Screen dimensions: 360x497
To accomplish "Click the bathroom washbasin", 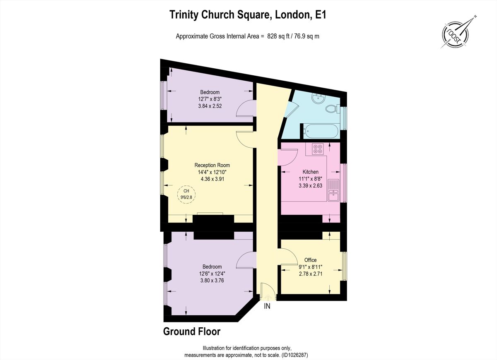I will (319, 98).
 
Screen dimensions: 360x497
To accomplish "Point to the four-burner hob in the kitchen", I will (318, 149).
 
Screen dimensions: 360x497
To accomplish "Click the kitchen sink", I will (333, 190).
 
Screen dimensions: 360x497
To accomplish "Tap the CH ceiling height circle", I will (186, 194).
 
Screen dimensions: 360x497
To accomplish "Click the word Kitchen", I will (310, 172).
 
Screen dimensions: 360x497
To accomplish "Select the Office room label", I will (310, 260).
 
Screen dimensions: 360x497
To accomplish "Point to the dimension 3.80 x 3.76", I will (212, 280).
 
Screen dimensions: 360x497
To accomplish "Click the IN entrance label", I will (268, 307).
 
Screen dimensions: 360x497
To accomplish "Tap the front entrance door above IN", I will (268, 292).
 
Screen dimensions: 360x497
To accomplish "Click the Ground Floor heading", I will (192, 331).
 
